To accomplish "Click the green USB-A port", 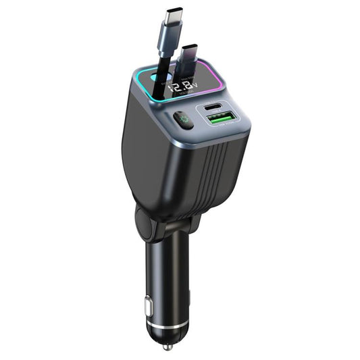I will [220, 119].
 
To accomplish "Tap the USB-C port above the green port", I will [217, 107].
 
